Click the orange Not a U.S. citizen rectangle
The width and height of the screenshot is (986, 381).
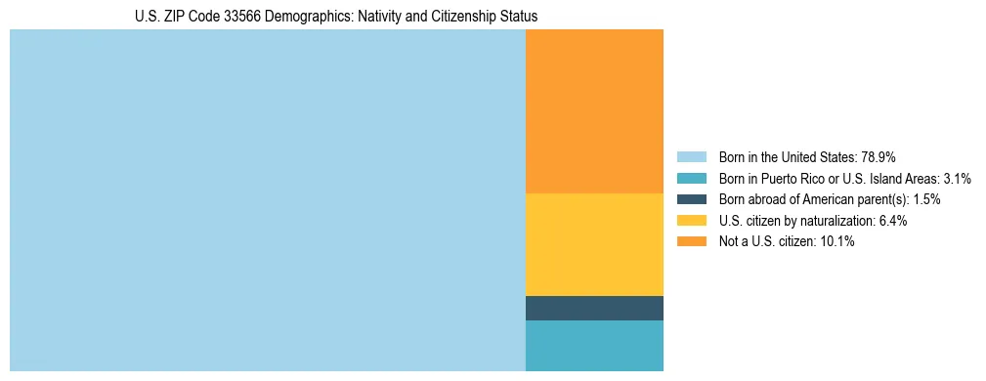[594, 111]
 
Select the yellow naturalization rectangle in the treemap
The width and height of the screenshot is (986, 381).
[594, 244]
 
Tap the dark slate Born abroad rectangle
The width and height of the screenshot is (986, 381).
[594, 308]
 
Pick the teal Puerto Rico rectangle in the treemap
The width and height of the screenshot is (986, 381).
[594, 346]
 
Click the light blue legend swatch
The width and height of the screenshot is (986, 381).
[691, 157]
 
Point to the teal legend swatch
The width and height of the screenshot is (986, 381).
[691, 179]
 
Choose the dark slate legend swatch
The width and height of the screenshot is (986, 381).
[691, 199]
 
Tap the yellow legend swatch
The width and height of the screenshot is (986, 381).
[691, 221]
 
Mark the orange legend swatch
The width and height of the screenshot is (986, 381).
[691, 241]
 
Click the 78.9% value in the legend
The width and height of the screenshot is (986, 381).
[879, 157]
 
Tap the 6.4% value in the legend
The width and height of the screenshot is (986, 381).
[892, 221]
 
